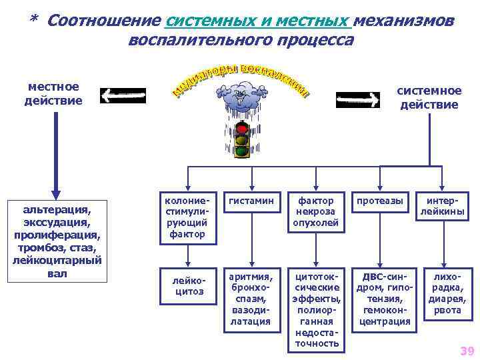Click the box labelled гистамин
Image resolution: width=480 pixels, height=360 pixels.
[250, 201]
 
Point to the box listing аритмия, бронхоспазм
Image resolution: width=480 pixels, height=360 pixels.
[250, 299]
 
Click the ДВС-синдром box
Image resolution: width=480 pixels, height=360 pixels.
[385, 299]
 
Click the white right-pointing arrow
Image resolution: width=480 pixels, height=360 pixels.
[358, 100]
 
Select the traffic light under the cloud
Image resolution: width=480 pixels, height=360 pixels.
[241, 141]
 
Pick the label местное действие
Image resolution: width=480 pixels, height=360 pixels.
[53, 94]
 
